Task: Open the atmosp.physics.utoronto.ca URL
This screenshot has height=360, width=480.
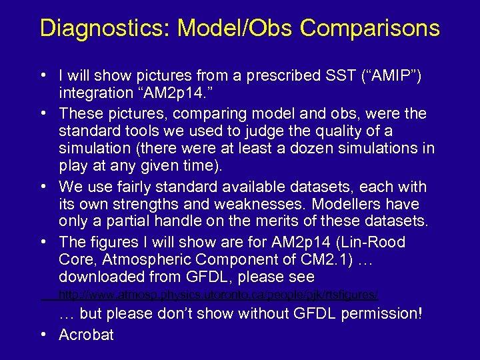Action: (219, 295)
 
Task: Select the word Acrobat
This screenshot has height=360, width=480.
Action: (86, 335)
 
